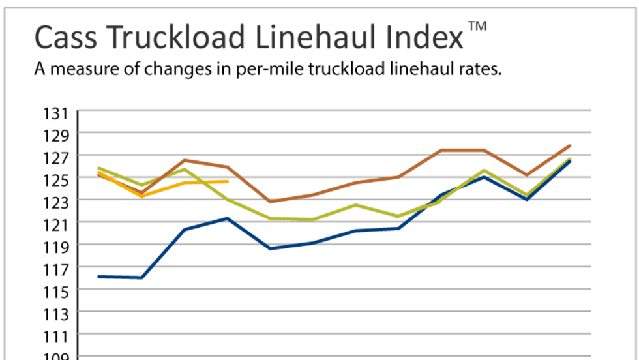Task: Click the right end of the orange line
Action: tap(228, 181)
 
